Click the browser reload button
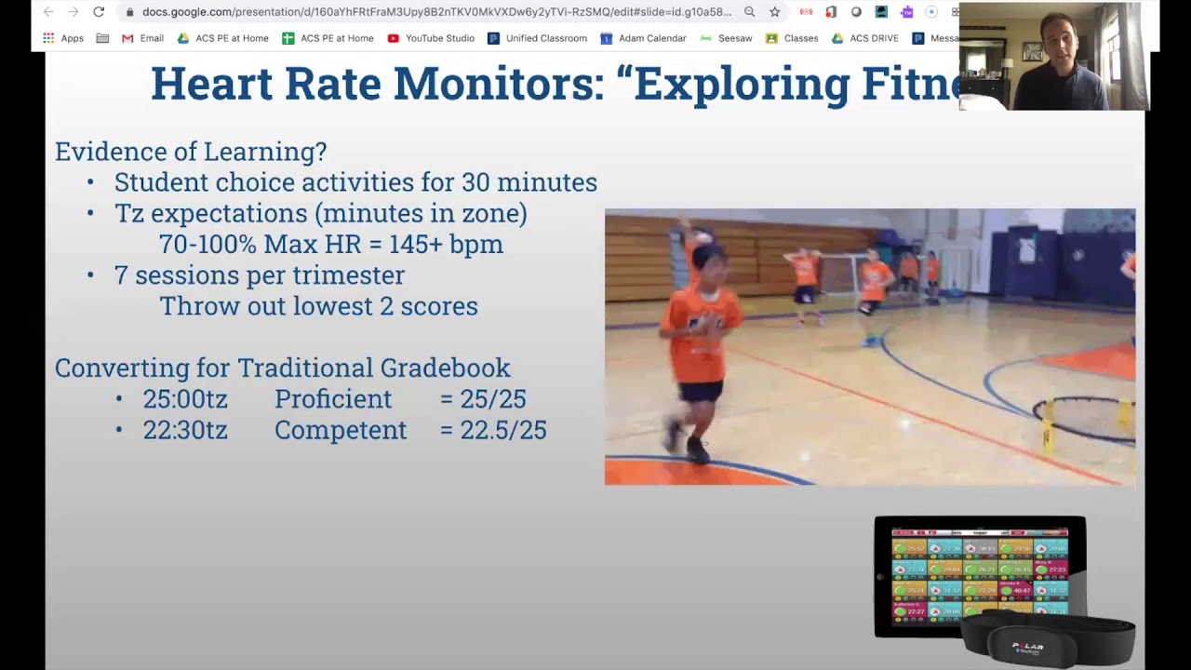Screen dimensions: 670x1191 [x=99, y=12]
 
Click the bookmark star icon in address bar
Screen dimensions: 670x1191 [x=774, y=12]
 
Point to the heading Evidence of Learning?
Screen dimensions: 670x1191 [x=191, y=152]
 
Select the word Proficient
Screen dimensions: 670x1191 [x=333, y=399]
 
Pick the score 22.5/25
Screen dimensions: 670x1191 [x=493, y=430]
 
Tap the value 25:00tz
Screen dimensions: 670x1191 [x=185, y=399]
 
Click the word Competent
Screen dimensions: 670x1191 [x=341, y=430]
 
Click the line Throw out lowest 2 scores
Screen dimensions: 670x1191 [x=318, y=306]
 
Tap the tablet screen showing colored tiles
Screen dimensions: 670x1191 [x=979, y=573]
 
